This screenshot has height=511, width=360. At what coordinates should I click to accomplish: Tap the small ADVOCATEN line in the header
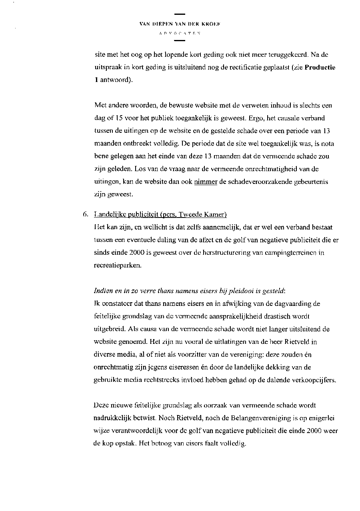pyautogui.click(x=180, y=34)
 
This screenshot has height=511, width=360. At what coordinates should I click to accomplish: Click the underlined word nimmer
pyautogui.click(x=206, y=182)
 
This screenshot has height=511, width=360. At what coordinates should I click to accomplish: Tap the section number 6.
pyautogui.click(x=85, y=215)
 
